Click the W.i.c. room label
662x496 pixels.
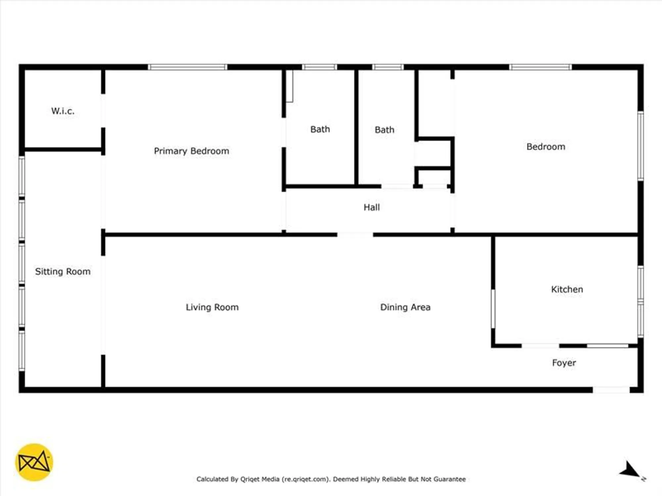click(63, 111)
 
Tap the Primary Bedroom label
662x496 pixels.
click(191, 151)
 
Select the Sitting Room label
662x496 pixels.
click(63, 271)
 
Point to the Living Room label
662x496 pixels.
click(212, 307)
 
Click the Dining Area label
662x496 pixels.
click(405, 307)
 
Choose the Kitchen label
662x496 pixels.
click(567, 289)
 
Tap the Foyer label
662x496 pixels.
click(564, 363)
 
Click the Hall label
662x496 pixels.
click(371, 207)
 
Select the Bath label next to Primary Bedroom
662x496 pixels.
click(320, 129)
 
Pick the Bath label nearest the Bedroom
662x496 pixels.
click(384, 130)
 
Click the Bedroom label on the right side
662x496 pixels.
click(545, 147)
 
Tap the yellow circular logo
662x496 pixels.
click(34, 462)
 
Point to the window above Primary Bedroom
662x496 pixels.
click(187, 67)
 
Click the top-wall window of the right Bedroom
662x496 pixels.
click(540, 67)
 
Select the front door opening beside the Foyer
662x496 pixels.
click(611, 390)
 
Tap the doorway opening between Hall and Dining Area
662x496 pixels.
click(355, 235)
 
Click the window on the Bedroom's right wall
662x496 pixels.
click(640, 146)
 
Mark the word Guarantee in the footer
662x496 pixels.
click(449, 479)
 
